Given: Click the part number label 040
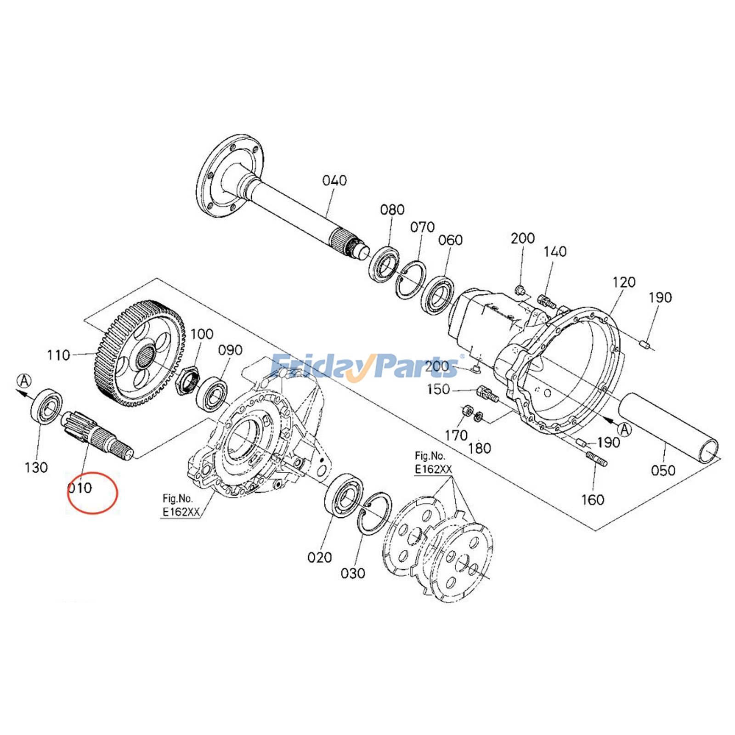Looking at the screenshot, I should (x=334, y=181).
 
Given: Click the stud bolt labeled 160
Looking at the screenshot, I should (x=597, y=459).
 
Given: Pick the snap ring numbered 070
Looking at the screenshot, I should (x=410, y=280).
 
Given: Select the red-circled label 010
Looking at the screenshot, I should (x=80, y=488).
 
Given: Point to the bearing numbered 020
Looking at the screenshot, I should (x=344, y=497).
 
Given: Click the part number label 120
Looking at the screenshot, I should (x=623, y=282).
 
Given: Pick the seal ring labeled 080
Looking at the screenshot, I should (x=384, y=264).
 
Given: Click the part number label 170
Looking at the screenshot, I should (x=456, y=435).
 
